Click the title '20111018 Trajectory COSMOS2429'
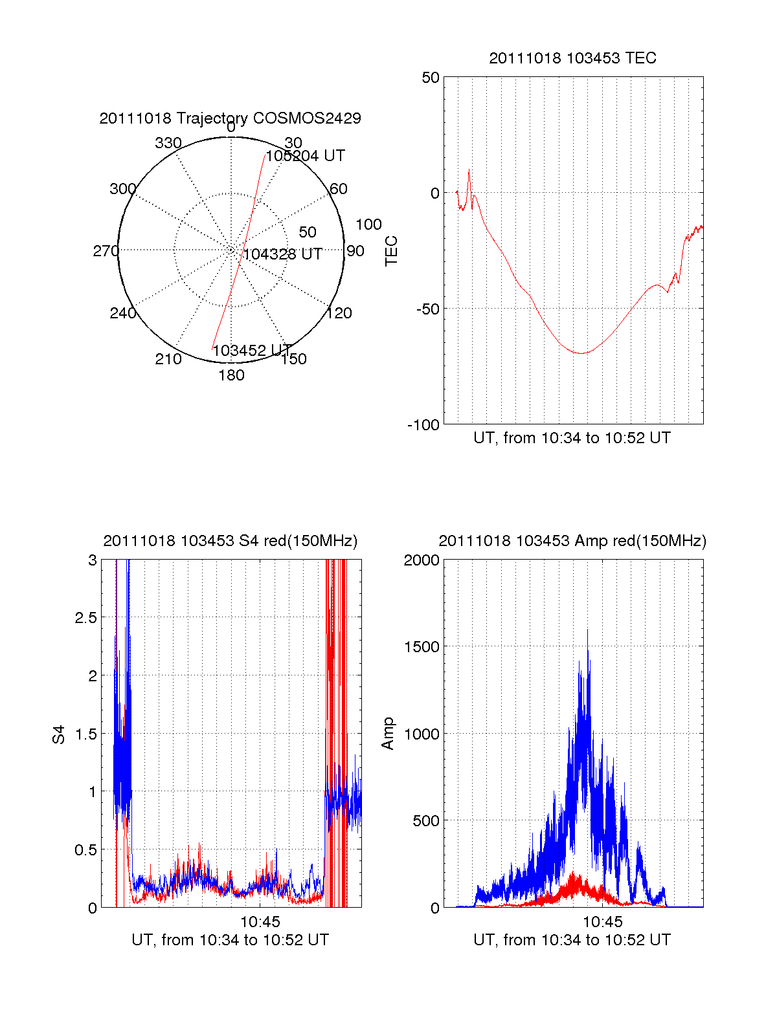click(x=230, y=118)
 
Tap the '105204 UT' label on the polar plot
click(x=305, y=156)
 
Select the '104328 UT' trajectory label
click(x=282, y=254)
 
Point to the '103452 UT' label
click(x=252, y=351)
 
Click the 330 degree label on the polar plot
click(x=168, y=143)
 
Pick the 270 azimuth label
click(x=106, y=251)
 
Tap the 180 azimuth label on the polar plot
click(x=231, y=375)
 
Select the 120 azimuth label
click(x=339, y=313)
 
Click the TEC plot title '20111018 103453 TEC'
click(x=572, y=58)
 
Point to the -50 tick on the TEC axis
click(x=427, y=309)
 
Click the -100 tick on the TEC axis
click(x=423, y=425)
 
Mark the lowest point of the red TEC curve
click(x=581, y=353)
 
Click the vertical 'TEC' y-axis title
click(x=391, y=251)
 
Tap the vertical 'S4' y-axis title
click(x=59, y=734)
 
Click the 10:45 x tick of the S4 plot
click(x=260, y=921)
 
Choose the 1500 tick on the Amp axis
click(x=422, y=647)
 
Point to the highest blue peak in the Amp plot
click(x=588, y=630)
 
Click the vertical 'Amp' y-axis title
click(x=387, y=734)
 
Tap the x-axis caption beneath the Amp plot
click(x=572, y=940)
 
